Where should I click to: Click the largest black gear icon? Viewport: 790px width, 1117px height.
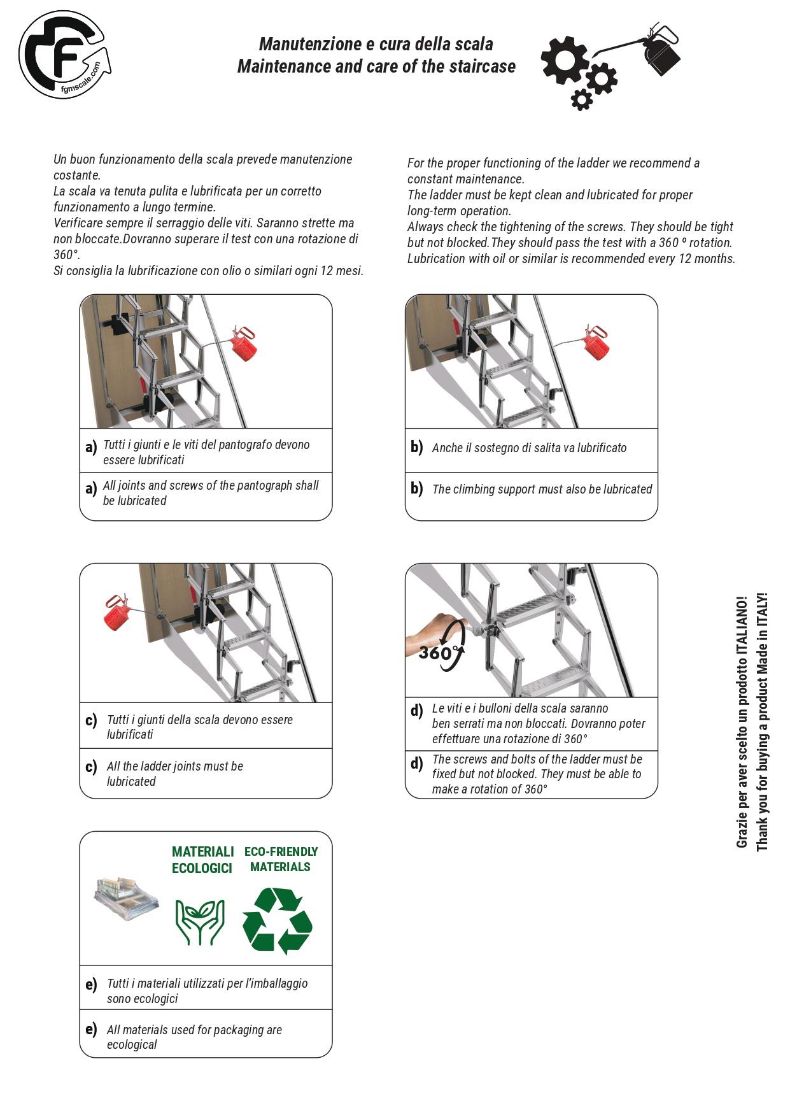point(565,59)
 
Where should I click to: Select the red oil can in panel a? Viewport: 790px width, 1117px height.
point(244,345)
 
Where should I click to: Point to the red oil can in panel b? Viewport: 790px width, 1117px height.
point(596,344)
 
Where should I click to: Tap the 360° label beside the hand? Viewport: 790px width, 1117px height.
point(436,653)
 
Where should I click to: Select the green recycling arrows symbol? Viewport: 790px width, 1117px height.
point(278,921)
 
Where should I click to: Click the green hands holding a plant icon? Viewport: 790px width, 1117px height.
point(200,921)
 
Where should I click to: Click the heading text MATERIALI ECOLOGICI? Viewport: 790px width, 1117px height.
point(202,860)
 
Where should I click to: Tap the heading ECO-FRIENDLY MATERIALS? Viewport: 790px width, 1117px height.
point(281,859)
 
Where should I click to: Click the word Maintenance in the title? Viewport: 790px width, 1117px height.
point(284,66)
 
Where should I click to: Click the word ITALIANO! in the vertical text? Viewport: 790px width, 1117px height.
point(742,627)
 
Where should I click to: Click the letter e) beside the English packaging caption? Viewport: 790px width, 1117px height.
point(91,1029)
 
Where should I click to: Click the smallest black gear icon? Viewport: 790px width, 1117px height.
point(581,99)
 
